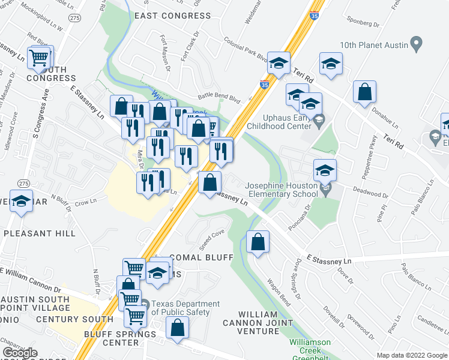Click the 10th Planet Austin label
[x=373, y=45]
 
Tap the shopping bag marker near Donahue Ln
[x=364, y=93]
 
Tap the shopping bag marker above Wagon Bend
[x=258, y=242]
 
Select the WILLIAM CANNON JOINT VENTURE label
[x=267, y=323]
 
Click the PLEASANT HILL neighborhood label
[x=40, y=233]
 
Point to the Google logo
[x=19, y=353]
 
